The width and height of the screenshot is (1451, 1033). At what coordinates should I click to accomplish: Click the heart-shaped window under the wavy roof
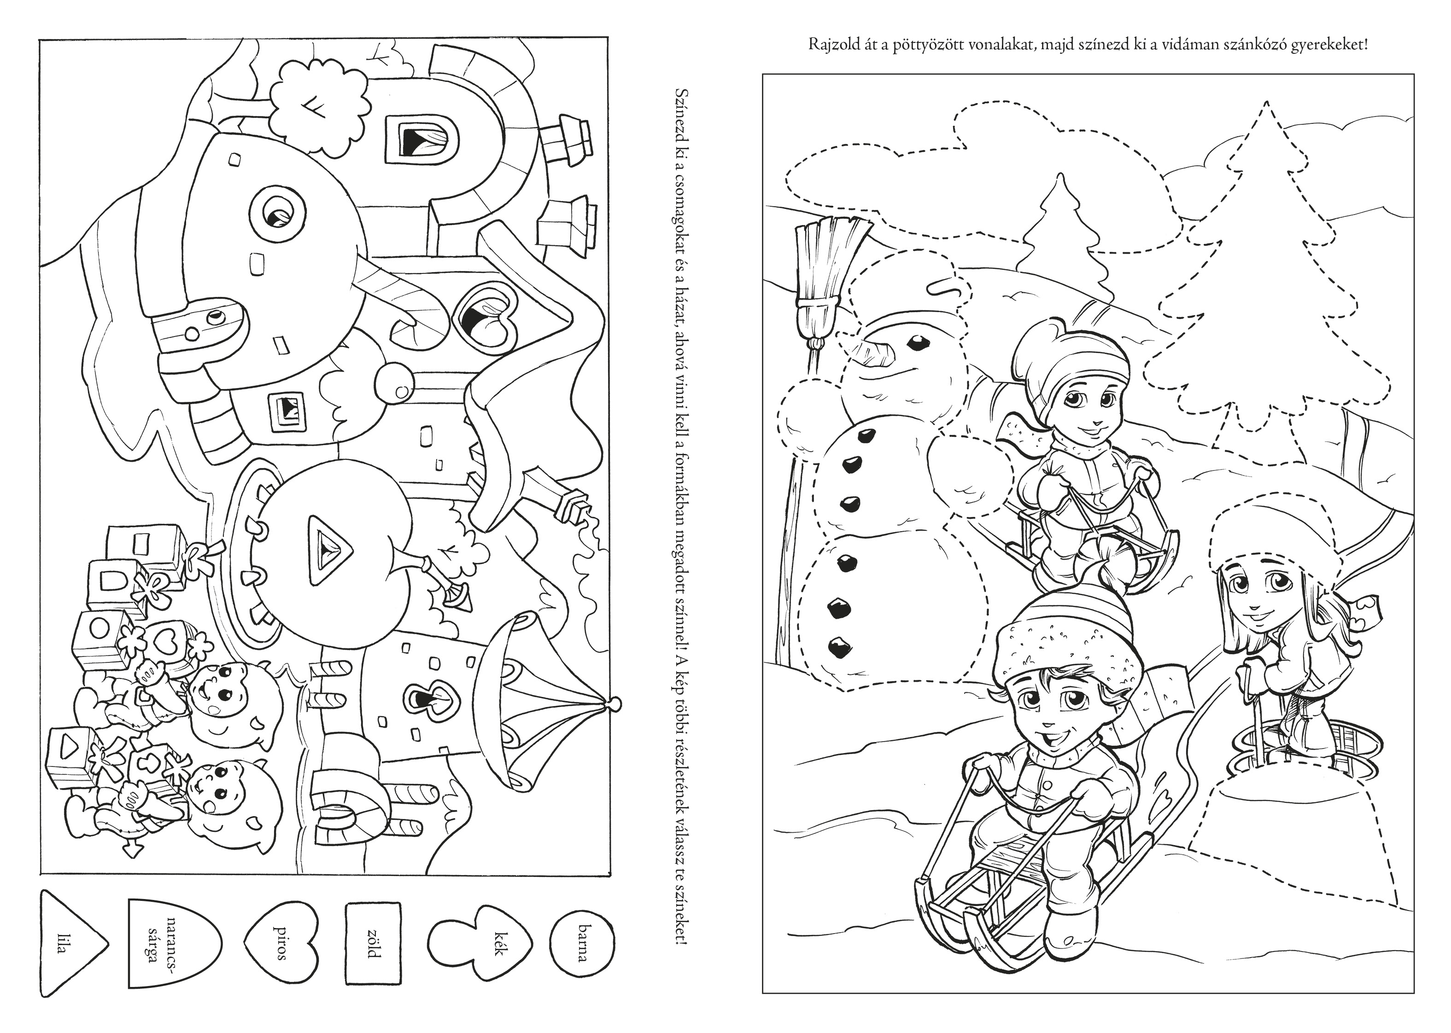pyautogui.click(x=487, y=318)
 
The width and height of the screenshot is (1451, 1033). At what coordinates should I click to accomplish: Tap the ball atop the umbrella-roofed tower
pyautogui.click(x=614, y=705)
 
